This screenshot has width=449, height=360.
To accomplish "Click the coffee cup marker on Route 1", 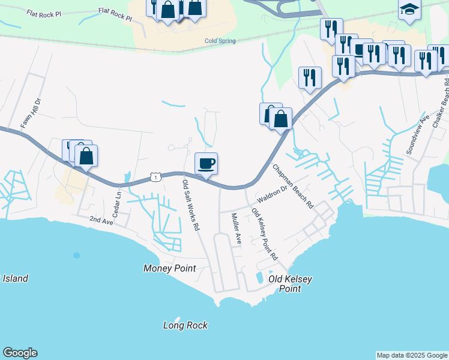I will (x=206, y=164).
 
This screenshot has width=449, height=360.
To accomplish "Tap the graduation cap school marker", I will (x=409, y=10).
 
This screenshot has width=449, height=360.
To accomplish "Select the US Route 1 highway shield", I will (x=155, y=177).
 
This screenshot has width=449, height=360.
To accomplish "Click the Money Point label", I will (x=170, y=268).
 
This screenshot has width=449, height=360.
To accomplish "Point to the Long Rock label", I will (x=185, y=325).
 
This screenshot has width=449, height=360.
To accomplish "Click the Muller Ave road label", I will (x=236, y=229).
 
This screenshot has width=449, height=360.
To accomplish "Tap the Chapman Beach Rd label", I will (x=294, y=186).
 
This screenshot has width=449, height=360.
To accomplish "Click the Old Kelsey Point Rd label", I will (x=265, y=234).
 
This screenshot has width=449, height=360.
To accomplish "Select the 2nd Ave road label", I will (x=101, y=221).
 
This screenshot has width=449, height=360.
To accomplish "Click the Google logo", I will (x=20, y=353).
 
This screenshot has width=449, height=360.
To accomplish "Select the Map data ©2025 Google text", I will (x=411, y=355).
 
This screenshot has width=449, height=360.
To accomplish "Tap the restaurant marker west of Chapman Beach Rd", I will (x=310, y=77).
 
